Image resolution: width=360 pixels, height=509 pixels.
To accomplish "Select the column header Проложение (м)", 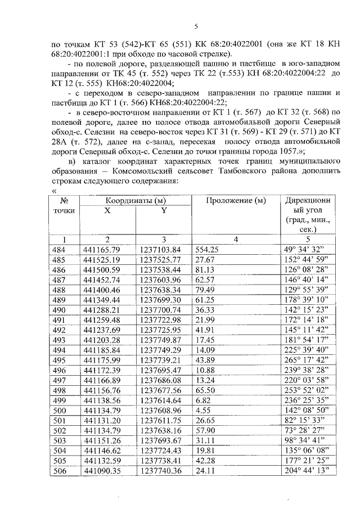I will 235,201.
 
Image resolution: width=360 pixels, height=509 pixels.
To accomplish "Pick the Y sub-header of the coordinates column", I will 164,211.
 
